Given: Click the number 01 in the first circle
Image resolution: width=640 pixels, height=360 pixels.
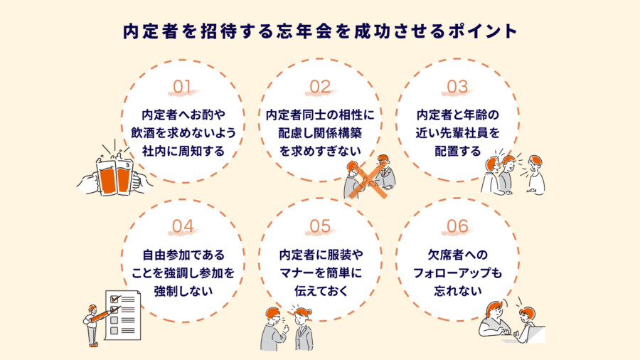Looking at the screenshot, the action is (x=183, y=88).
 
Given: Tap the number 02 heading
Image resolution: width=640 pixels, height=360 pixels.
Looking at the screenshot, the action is (x=320, y=88).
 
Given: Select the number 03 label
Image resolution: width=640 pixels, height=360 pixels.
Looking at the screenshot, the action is (x=457, y=88).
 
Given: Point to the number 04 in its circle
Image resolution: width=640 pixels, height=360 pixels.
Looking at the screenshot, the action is (x=183, y=226).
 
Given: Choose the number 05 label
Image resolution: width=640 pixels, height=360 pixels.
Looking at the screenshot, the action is (x=320, y=226).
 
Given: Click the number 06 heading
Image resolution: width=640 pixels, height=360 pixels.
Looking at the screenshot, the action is (x=457, y=226).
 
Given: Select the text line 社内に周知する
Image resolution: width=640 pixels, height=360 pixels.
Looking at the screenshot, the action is (x=183, y=150).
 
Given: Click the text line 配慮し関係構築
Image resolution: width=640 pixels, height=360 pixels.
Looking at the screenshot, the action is (x=320, y=132).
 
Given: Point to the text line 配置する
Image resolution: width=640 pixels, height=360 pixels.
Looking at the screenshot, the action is (x=457, y=150).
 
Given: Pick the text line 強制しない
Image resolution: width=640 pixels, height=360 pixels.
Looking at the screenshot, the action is (x=183, y=290).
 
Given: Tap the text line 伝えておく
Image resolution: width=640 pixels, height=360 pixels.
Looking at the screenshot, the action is (x=320, y=290).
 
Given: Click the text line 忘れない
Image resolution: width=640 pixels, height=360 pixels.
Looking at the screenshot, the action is (x=457, y=290).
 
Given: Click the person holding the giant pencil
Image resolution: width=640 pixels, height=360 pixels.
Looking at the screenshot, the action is (x=92, y=324).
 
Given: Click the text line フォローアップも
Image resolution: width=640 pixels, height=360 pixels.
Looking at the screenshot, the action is (x=457, y=272).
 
